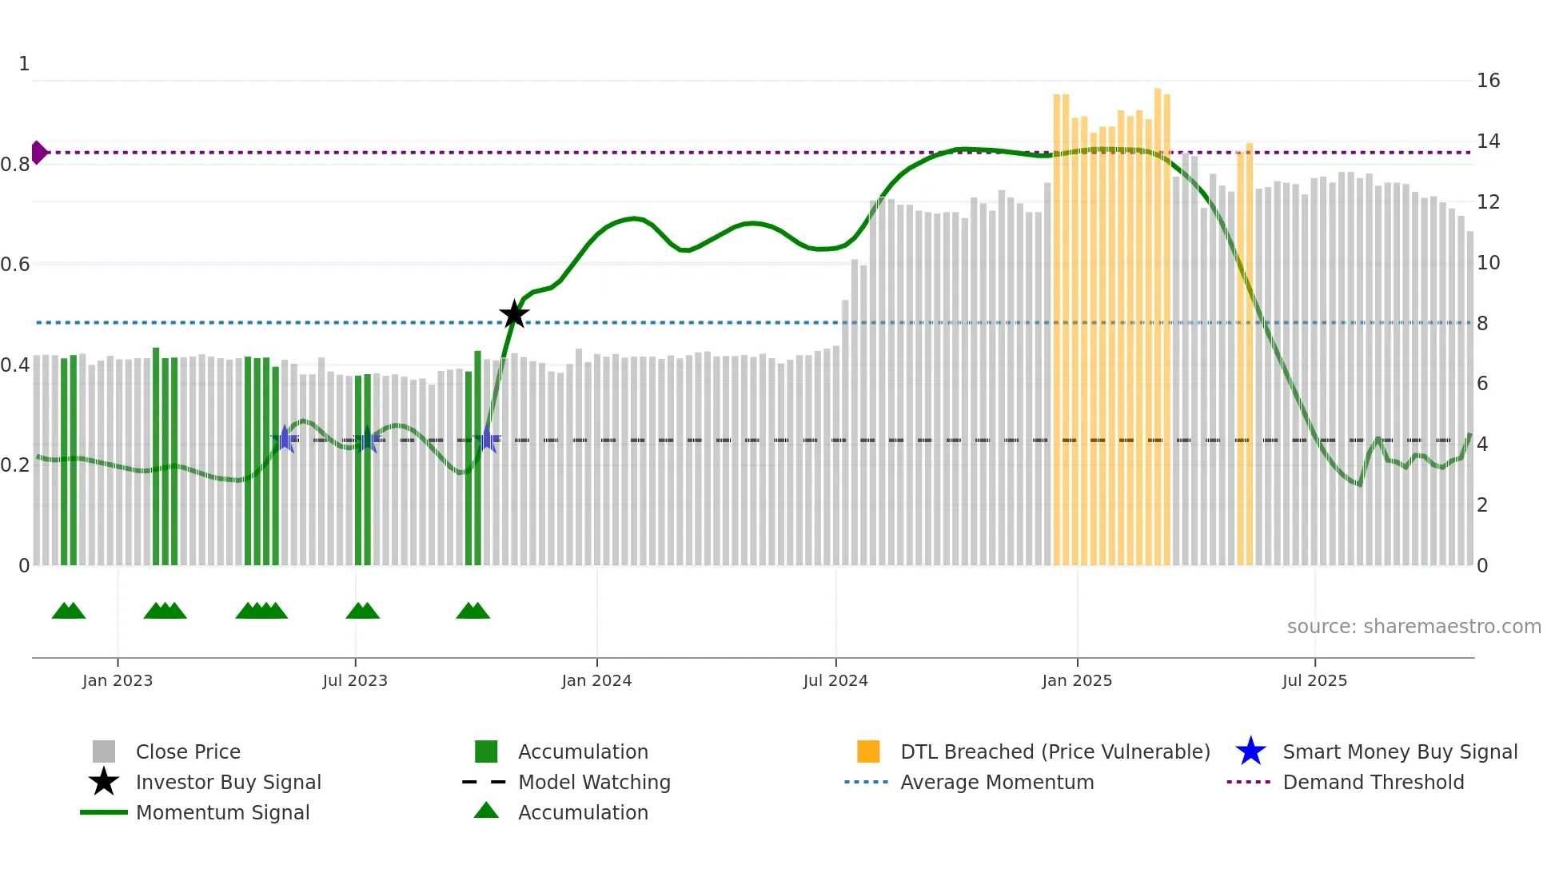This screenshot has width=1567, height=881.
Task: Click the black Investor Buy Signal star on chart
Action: [514, 314]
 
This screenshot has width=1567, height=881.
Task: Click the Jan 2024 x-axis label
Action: [596, 680]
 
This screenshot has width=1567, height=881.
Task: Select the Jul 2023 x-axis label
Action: [355, 680]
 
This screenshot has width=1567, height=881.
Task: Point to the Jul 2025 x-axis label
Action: [1314, 680]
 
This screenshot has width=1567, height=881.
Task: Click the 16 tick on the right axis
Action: [1488, 81]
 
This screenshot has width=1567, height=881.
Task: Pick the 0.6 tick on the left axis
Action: [15, 265]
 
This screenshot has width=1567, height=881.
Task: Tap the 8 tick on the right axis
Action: [1482, 324]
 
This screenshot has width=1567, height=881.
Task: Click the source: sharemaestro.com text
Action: [1413, 627]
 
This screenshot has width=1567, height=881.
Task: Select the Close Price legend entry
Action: [188, 752]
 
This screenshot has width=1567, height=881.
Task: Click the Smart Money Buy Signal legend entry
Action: [1399, 752]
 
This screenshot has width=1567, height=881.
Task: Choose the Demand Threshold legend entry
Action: [1373, 783]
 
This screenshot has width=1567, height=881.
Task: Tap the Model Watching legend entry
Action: [593, 783]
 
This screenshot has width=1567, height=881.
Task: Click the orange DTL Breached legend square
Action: [868, 751]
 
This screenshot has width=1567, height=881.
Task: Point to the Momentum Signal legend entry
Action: [222, 813]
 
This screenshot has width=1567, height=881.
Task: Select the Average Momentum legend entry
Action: [996, 783]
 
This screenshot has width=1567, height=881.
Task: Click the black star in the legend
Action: [104, 782]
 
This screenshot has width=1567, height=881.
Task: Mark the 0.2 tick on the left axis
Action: [15, 465]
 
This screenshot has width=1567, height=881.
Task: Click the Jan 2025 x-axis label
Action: [1077, 680]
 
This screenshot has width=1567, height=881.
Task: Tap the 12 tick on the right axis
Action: [1488, 202]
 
